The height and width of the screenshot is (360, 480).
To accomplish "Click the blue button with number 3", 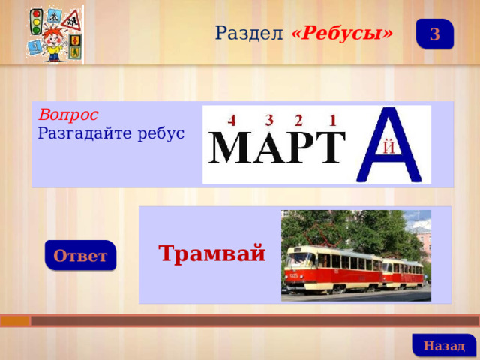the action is [435, 34].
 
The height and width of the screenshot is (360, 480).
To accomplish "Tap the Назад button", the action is [444, 345].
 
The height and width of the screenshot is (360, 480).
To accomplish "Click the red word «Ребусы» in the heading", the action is [342, 33].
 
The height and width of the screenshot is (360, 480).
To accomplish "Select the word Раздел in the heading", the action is [249, 33].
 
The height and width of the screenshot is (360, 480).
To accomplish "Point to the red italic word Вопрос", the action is [68, 115].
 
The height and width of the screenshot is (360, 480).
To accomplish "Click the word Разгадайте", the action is [85, 133].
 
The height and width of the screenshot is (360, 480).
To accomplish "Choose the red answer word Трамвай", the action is [211, 253].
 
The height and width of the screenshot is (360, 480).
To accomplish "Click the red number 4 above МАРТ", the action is [232, 121].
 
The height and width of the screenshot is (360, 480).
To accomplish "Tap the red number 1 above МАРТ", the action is [333, 120].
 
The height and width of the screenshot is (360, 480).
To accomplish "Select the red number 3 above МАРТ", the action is [269, 120].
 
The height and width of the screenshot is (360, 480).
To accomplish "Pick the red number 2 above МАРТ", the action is [298, 120].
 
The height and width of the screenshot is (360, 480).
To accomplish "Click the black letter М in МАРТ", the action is [230, 148].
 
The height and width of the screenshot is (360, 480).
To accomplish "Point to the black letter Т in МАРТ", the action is [329, 148].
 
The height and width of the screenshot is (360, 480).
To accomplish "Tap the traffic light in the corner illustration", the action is [37, 22].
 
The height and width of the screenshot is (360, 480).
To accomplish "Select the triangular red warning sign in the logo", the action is [71, 21].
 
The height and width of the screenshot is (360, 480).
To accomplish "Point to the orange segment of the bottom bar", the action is [15, 320].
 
